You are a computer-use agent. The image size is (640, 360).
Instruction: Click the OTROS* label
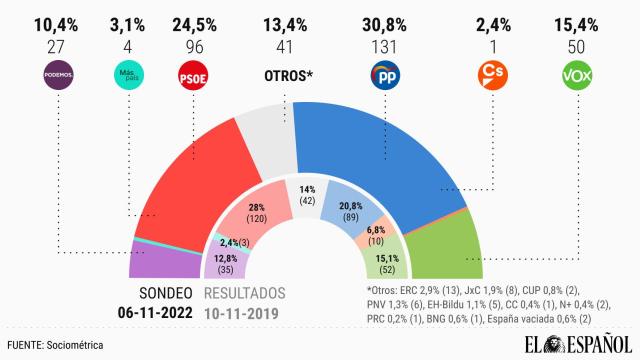pyautogui.click(x=286, y=74)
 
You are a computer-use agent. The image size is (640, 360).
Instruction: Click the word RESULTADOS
pyautogui.click(x=245, y=293)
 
